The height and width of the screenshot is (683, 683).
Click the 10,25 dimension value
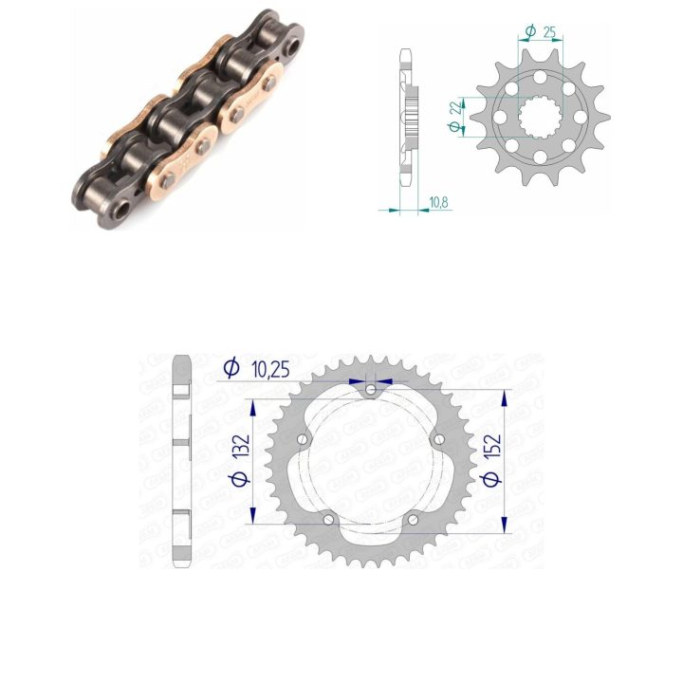pyautogui.click(x=270, y=369)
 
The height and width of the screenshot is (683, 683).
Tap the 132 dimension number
pyautogui.click(x=241, y=445)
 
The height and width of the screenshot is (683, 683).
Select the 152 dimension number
pyautogui.click(x=493, y=446)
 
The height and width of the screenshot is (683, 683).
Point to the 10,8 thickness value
pyautogui.click(x=438, y=202)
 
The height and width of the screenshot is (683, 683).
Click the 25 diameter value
pyautogui.click(x=549, y=32)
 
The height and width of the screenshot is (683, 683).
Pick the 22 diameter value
pyautogui.click(x=455, y=107)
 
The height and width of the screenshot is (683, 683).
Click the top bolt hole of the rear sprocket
pyautogui.click(x=371, y=389)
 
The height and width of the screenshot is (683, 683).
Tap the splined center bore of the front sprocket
pyautogui.click(x=540, y=118)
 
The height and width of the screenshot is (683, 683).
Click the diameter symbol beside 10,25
pyautogui.click(x=231, y=367)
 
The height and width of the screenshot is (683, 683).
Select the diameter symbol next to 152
pyautogui.click(x=491, y=479)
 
